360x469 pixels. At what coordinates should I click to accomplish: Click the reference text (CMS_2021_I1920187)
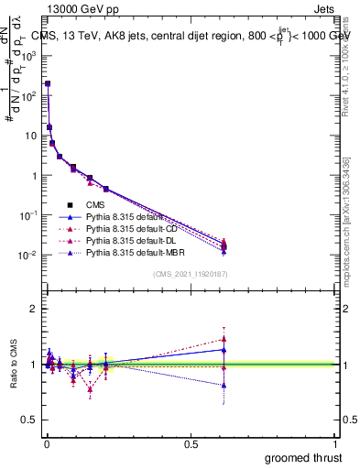coord(190,274)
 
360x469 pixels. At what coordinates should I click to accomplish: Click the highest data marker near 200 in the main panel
coord(48,83)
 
